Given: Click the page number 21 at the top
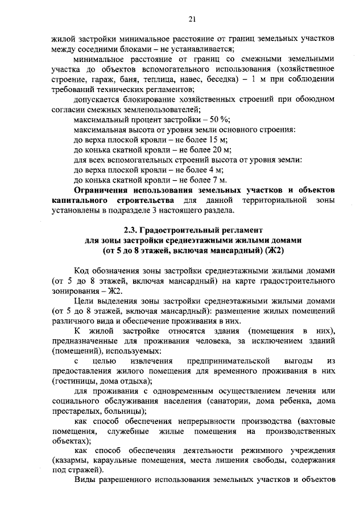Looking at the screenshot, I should point(192,20).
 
